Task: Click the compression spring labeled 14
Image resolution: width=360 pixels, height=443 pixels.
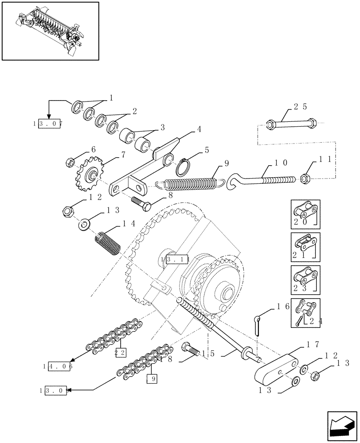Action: pos(107,244)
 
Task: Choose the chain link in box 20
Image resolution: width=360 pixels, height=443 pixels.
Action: pos(306,211)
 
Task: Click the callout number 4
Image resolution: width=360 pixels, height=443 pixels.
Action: pos(199,130)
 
